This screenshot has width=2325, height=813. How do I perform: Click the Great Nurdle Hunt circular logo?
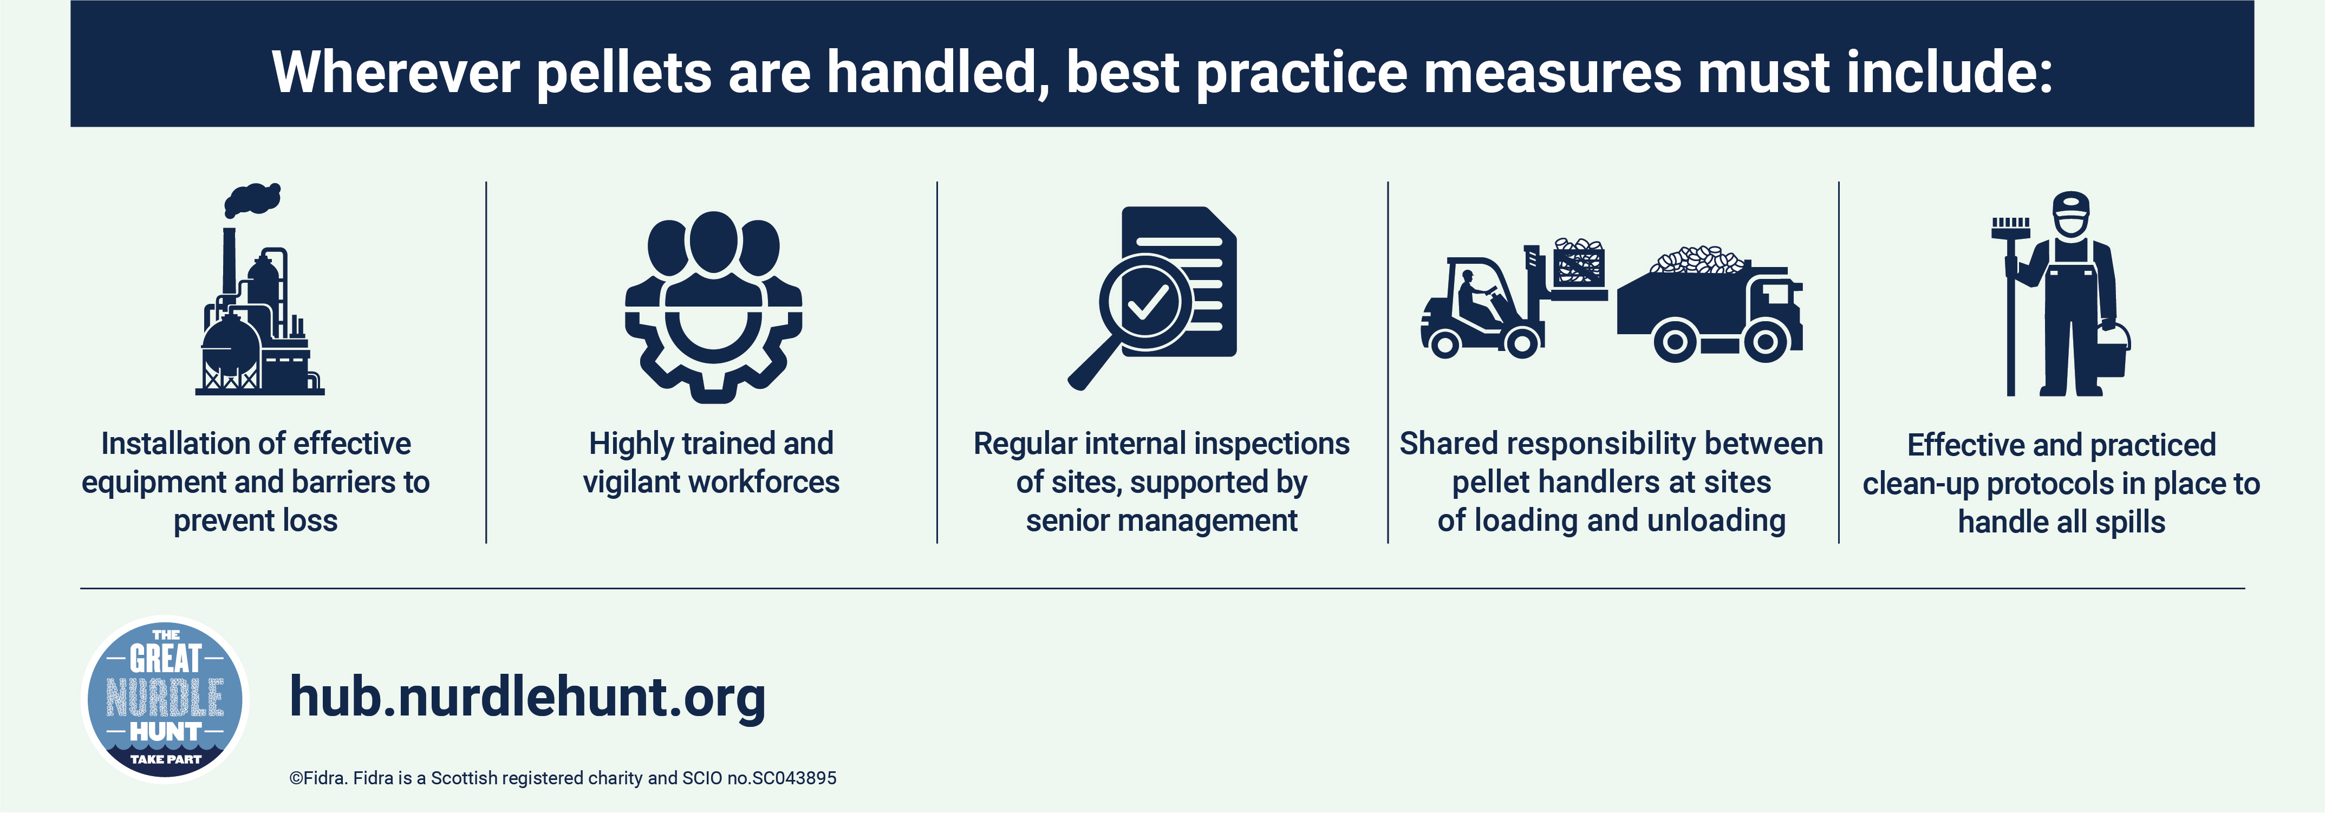click(165, 699)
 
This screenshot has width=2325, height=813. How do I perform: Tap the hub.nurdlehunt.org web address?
click(527, 698)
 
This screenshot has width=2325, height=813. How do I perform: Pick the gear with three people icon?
click(713, 307)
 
